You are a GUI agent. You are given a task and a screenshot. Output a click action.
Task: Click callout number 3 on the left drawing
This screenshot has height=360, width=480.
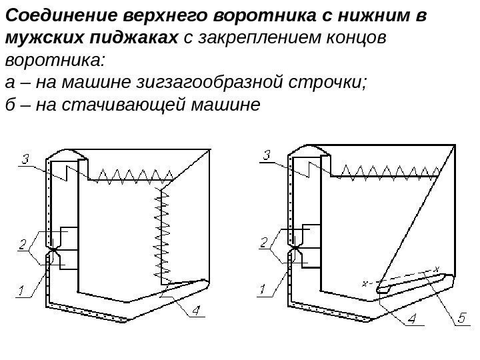pos(24,159)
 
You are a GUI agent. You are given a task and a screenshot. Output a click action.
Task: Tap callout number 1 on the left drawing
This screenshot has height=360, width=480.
pos(21,291)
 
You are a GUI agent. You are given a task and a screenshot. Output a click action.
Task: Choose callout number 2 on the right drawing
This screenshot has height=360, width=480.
pos(264,244)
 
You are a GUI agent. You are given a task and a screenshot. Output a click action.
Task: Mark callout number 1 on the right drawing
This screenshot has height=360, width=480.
pos(263,290)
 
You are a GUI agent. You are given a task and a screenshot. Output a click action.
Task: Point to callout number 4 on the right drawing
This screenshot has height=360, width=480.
pos(413,320)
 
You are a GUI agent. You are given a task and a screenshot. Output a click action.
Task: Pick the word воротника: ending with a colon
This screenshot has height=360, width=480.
pos(54,61)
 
